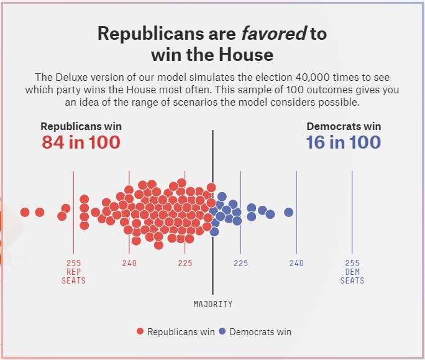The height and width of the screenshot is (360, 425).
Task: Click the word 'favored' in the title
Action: (x=274, y=34)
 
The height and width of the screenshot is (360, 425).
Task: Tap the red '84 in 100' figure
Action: (x=81, y=142)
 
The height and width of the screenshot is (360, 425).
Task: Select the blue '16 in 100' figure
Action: (x=343, y=142)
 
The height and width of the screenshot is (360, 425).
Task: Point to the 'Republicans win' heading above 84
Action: (x=81, y=126)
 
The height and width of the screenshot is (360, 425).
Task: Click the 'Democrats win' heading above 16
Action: (x=344, y=126)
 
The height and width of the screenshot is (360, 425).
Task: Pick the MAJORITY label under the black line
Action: (x=213, y=304)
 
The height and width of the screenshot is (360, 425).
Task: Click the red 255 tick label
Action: (x=74, y=263)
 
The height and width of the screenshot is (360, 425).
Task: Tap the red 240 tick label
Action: (x=129, y=263)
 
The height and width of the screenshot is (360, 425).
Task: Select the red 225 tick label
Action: (x=185, y=263)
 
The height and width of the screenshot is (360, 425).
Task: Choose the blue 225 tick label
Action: (x=241, y=263)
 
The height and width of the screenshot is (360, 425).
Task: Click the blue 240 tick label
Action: (x=296, y=263)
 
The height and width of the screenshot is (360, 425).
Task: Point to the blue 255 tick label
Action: (x=352, y=263)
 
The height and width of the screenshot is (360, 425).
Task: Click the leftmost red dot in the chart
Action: (x=25, y=212)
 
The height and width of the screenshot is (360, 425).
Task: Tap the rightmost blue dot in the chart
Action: (x=288, y=212)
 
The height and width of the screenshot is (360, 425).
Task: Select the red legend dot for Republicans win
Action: (x=140, y=331)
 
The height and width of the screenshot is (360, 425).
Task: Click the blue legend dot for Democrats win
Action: (x=222, y=331)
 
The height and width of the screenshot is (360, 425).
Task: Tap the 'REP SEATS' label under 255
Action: (x=74, y=276)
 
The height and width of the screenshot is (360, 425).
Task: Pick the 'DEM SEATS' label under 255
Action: (x=352, y=276)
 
